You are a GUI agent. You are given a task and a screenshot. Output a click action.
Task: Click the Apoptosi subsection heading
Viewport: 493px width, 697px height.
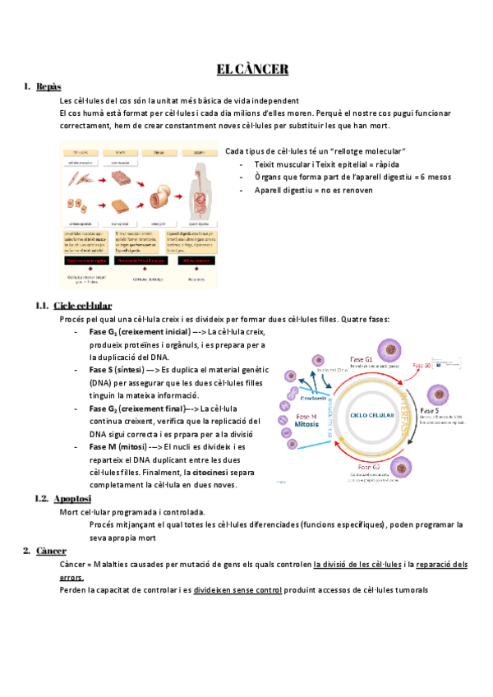(x=72, y=499)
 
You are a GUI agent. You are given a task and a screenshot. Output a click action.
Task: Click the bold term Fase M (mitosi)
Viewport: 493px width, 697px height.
(x=122, y=446)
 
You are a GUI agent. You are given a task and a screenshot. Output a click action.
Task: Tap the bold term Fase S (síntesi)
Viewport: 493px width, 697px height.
(x=122, y=371)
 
